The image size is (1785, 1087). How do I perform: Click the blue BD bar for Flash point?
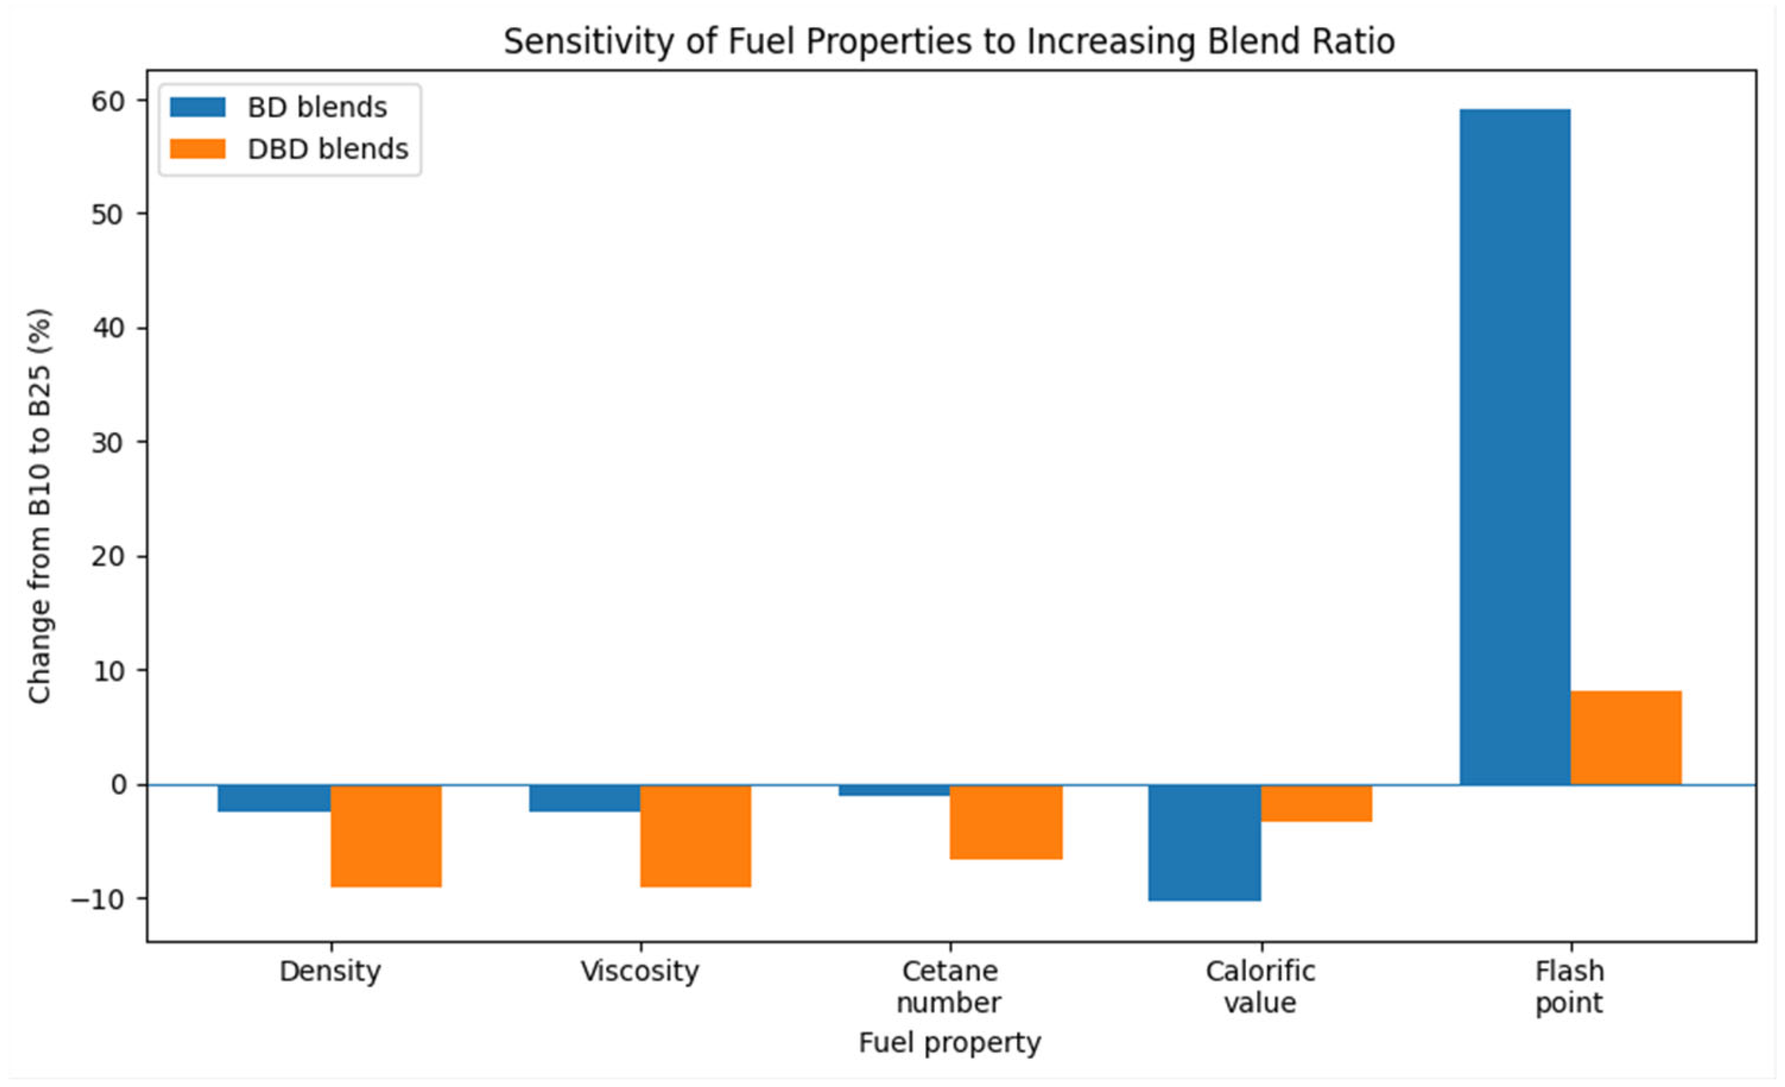pyautogui.click(x=1515, y=447)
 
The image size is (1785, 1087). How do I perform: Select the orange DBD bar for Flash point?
pyautogui.click(x=1626, y=738)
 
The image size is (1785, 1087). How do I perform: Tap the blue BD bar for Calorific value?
pyautogui.click(x=1205, y=843)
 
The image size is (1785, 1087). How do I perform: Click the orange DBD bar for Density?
pyautogui.click(x=386, y=836)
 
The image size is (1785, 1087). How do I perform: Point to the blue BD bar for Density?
pyautogui.click(x=275, y=799)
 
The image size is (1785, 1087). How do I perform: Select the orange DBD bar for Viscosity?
pyautogui.click(x=696, y=836)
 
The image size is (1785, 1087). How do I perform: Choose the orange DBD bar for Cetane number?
pyautogui.click(x=1006, y=823)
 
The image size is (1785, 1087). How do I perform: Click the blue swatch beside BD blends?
pyautogui.click(x=198, y=107)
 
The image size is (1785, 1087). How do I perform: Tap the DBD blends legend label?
pyautogui.click(x=328, y=149)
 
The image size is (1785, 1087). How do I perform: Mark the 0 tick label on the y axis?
pyautogui.click(x=119, y=785)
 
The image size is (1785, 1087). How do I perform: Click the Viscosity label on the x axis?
pyautogui.click(x=641, y=971)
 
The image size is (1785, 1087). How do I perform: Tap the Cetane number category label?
pyautogui.click(x=950, y=987)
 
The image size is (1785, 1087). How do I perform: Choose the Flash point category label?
pyautogui.click(x=1570, y=987)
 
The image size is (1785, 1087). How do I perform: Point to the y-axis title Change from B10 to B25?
pyautogui.click(x=40, y=506)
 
